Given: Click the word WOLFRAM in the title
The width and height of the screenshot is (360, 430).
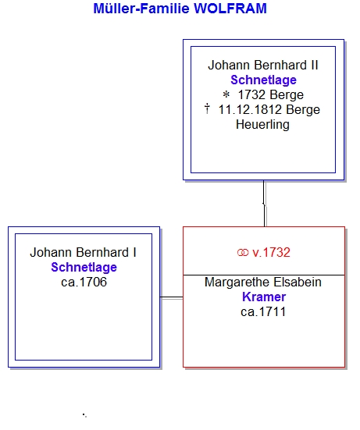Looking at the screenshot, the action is coord(230,9).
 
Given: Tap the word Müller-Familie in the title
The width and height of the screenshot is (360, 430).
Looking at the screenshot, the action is coord(141,9).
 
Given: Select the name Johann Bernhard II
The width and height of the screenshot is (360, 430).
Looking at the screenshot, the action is coord(263,66).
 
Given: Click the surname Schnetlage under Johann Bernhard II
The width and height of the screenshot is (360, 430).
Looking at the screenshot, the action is coord(263,80).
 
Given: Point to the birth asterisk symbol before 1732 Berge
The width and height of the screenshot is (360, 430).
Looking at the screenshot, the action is coord(226,94).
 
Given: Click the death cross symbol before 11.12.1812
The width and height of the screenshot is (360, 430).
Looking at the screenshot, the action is coord(207,108).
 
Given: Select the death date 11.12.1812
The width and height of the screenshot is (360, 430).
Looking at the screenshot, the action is coord(250,110).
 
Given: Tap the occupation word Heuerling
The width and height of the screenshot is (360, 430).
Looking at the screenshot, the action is coord(262,125).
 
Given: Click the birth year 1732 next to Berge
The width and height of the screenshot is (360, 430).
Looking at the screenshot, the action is coord(251,95).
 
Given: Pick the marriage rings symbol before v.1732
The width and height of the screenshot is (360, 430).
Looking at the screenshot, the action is coord(243,252).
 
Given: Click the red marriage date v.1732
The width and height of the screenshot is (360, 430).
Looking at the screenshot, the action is coord(271,253).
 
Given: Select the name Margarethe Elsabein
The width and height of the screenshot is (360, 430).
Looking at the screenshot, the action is coord(263,283).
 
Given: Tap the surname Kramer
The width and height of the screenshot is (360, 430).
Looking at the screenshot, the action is coord(264,297).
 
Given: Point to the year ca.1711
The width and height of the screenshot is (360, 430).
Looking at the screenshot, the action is coord(263,312).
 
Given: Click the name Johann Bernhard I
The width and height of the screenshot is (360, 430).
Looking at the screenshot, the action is coord(83,253).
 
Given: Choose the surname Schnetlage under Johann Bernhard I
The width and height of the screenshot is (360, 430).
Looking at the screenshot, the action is coord(84,268).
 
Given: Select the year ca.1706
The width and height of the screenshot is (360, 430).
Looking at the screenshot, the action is coord(84,283).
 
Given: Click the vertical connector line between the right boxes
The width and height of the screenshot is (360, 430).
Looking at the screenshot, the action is coord(264,204).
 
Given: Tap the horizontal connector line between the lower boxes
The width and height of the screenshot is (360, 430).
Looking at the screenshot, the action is coord(172,297).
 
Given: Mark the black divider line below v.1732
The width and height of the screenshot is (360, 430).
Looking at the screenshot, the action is coord(264,275).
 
